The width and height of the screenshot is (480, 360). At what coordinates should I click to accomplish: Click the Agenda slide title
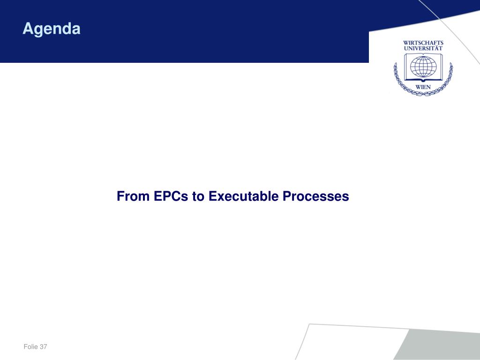pos(52,29)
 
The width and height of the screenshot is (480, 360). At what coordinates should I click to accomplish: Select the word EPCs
pos(171,196)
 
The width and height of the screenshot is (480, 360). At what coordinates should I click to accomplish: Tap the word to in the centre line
pos(198,196)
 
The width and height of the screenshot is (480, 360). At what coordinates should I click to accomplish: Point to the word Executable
pos(244,196)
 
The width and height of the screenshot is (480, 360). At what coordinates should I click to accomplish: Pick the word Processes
pos(316,196)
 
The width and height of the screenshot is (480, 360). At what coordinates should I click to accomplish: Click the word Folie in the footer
pos(30,346)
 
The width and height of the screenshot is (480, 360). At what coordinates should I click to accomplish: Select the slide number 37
pos(43,346)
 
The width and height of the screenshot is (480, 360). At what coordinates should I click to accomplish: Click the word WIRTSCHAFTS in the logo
pos(423,43)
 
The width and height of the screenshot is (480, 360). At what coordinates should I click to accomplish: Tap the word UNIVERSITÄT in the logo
pos(423,48)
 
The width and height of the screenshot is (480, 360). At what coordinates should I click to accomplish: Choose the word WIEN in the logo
pos(423,87)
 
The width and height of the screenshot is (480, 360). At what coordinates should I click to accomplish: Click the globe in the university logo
pos(423,67)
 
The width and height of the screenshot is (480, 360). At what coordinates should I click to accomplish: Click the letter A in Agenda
pos(28,28)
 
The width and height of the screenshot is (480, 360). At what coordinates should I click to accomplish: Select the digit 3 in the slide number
pos(41,346)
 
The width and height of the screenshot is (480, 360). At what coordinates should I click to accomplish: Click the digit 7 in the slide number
pos(45,346)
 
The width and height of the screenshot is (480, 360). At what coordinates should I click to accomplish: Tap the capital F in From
pos(120,196)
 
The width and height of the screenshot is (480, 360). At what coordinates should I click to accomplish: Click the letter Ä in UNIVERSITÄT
pos(436,48)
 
